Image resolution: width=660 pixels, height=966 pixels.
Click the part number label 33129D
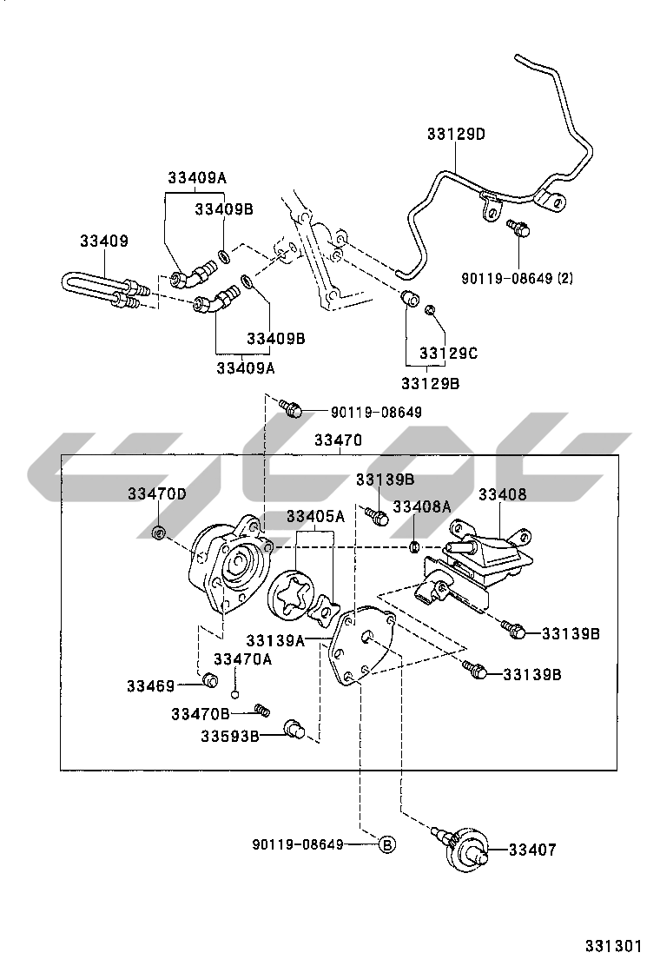tap(455, 135)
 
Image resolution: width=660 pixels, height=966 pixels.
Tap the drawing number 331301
tap(612, 945)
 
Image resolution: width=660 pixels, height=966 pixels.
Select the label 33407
tap(532, 850)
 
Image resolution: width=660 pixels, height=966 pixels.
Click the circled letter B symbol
tap(387, 844)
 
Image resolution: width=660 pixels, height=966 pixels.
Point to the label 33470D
tap(157, 493)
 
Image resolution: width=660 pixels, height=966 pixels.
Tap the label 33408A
tap(422, 506)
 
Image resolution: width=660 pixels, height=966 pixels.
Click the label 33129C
tap(448, 354)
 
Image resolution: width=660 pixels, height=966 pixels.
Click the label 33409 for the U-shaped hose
tap(104, 241)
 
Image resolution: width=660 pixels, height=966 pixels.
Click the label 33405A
tap(316, 516)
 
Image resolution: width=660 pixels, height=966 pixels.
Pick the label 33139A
tap(274, 641)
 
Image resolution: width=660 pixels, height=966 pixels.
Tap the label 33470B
tap(201, 714)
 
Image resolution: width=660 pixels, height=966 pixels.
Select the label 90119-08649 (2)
tap(518, 279)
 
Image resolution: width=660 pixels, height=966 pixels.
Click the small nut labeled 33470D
tap(159, 532)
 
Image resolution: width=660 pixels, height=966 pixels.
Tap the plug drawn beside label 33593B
tap(294, 730)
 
